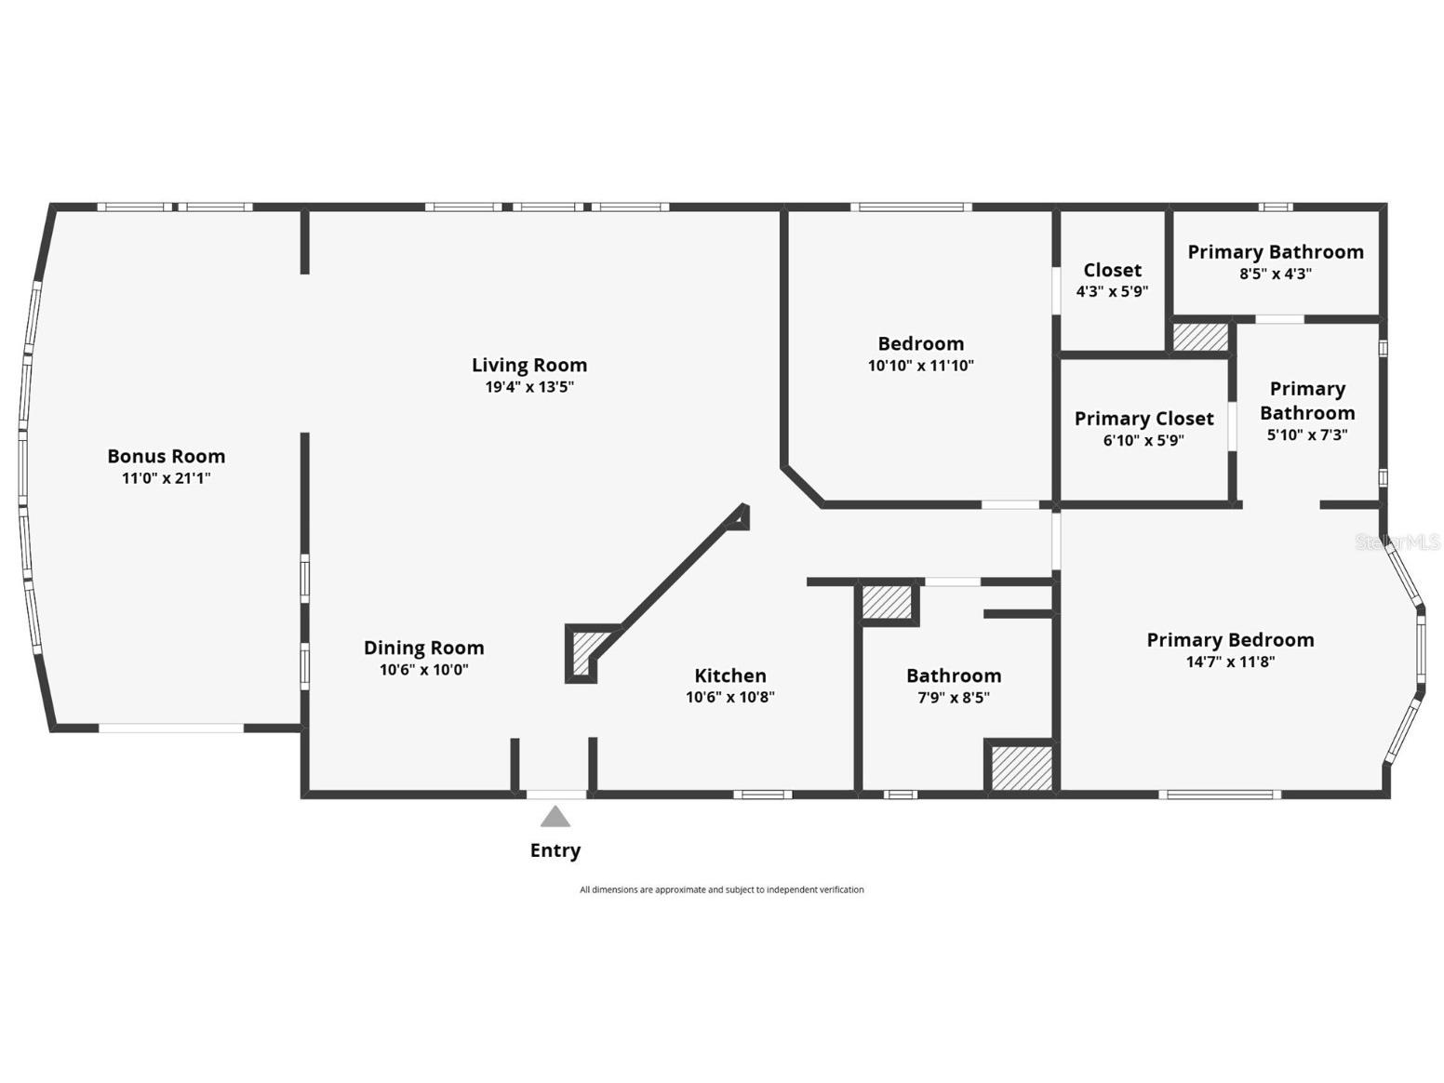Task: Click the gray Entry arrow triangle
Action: pyautogui.click(x=555, y=818)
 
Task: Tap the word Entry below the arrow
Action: pyautogui.click(x=555, y=850)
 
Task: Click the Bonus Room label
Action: pyautogui.click(x=166, y=456)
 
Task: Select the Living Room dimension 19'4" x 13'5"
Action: pyautogui.click(x=529, y=387)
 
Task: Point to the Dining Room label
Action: pyautogui.click(x=423, y=648)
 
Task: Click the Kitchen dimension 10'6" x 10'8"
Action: pyautogui.click(x=730, y=697)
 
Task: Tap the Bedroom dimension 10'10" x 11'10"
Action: pyautogui.click(x=920, y=366)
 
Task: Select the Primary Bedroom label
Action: pyautogui.click(x=1230, y=640)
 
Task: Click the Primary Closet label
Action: pyautogui.click(x=1143, y=419)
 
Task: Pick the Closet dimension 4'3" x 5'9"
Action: pyautogui.click(x=1112, y=291)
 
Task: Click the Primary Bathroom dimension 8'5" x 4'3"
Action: pyautogui.click(x=1275, y=274)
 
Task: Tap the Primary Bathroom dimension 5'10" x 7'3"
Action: pyautogui.click(x=1306, y=435)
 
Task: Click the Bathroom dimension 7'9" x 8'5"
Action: pyautogui.click(x=954, y=698)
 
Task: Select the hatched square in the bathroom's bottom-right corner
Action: pyautogui.click(x=1021, y=769)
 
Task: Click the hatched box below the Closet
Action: pyautogui.click(x=1200, y=337)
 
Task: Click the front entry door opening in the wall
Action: pyautogui.click(x=556, y=795)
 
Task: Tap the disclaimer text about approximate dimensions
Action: pyautogui.click(x=721, y=890)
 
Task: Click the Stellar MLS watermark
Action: pyautogui.click(x=1397, y=542)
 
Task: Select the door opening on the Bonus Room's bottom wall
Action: pyautogui.click(x=171, y=728)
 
